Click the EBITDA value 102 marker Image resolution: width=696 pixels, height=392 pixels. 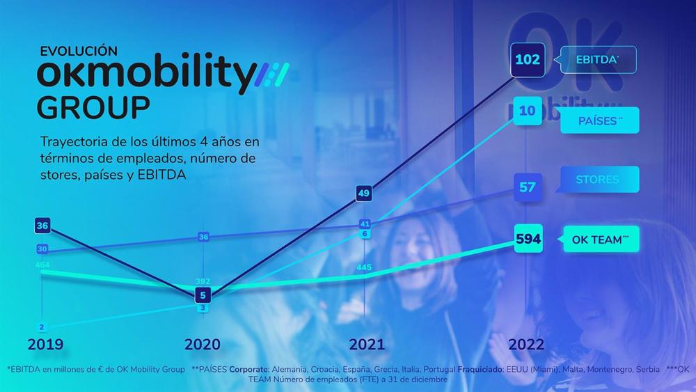pyautogui.click(x=528, y=60)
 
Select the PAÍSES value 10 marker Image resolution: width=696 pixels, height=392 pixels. pyautogui.click(x=528, y=111)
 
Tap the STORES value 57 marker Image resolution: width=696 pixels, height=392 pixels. pyautogui.click(x=528, y=187)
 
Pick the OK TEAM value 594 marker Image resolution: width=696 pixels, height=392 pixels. pyautogui.click(x=528, y=240)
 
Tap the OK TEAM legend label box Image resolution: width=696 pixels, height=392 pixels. pyautogui.click(x=599, y=240)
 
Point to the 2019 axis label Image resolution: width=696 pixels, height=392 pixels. pyautogui.click(x=45, y=345)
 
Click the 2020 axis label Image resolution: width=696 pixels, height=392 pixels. pyautogui.click(x=203, y=345)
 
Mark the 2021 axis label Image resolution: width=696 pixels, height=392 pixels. pyautogui.click(x=366, y=345)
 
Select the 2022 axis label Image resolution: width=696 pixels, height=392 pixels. pyautogui.click(x=526, y=345)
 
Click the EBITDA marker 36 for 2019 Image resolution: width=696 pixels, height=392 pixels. pyautogui.click(x=42, y=226)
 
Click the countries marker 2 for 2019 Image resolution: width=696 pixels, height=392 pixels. pyautogui.click(x=42, y=327)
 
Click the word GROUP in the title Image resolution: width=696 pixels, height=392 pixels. pyautogui.click(x=93, y=108)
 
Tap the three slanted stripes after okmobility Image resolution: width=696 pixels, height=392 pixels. pyautogui.click(x=274, y=74)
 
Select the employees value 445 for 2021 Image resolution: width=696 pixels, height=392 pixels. pyautogui.click(x=364, y=267)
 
